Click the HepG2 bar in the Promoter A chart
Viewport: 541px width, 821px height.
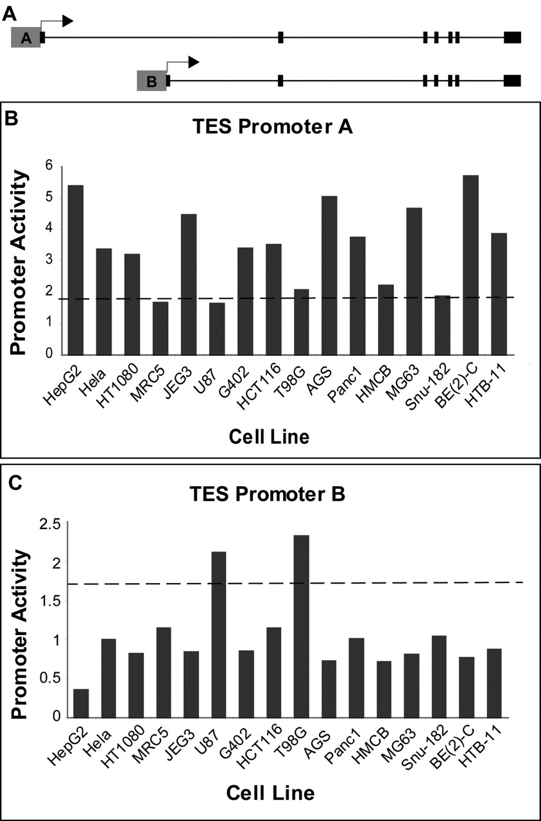coord(76,270)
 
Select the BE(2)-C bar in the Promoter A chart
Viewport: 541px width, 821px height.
coord(470,265)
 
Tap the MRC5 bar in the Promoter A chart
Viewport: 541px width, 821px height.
coord(160,328)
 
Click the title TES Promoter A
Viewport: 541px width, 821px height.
coord(272,127)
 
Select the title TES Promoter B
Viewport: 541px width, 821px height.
coord(268,494)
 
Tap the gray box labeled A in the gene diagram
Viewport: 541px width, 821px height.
coord(26,37)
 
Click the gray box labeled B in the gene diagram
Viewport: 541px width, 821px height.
coord(151,81)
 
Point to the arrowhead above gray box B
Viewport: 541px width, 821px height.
coord(193,62)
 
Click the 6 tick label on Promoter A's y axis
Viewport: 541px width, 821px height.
coord(49,166)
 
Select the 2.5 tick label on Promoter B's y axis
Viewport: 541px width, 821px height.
coord(51,524)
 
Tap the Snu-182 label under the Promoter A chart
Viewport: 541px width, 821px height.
coord(428,387)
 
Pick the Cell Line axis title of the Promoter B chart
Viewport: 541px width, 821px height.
coord(270,793)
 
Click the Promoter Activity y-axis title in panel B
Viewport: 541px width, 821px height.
coord(19,263)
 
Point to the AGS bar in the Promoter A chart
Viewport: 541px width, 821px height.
coord(329,276)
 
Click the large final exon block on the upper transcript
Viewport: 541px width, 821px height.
coord(512,37)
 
